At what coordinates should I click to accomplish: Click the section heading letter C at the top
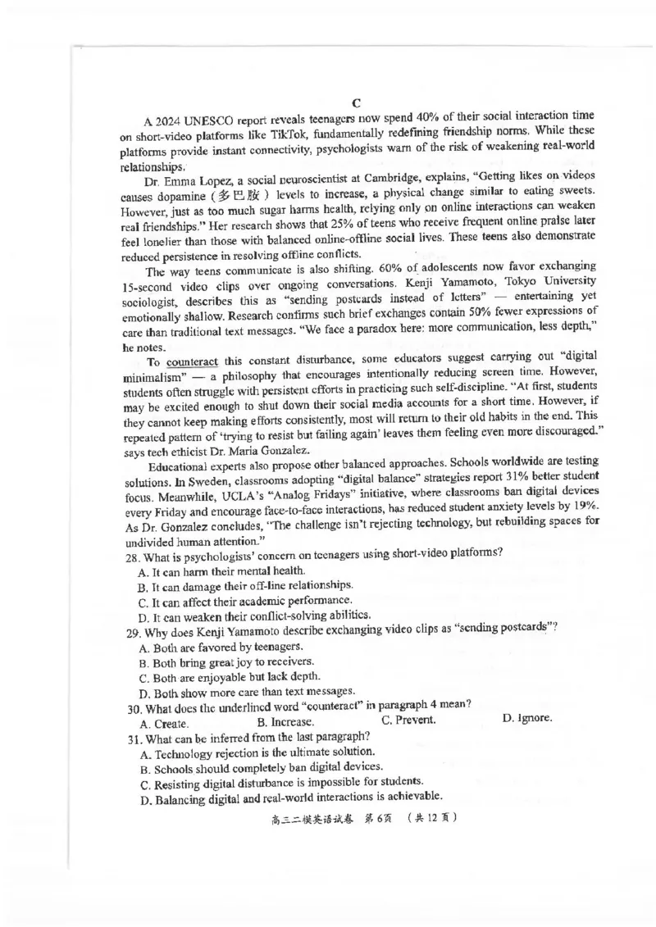click(x=357, y=103)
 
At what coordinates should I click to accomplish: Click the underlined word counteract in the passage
click(x=194, y=364)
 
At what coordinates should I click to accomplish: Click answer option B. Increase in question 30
click(x=285, y=722)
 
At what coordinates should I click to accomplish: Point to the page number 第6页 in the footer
click(x=380, y=817)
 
